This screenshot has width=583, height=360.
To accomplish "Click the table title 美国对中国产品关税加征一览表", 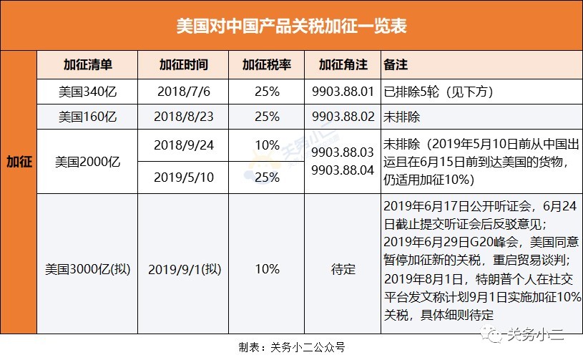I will tap(291, 26).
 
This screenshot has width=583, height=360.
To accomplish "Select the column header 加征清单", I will tap(85, 64).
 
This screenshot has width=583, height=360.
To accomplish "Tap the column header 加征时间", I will tap(184, 64).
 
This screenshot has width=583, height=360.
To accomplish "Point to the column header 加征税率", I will tap(267, 64).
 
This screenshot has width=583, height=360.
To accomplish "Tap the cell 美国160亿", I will tap(85, 116).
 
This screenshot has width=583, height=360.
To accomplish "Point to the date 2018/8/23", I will tap(184, 116).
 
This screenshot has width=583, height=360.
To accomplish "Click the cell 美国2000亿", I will tap(85, 161).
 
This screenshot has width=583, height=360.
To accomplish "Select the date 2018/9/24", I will tap(184, 145).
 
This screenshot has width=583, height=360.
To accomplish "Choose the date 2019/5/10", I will tap(184, 176).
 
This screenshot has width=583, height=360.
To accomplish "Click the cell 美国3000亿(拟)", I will tap(85, 270).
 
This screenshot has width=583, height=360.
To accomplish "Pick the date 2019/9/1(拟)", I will tap(184, 270).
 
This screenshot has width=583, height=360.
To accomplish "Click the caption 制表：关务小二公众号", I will tap(291, 347).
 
